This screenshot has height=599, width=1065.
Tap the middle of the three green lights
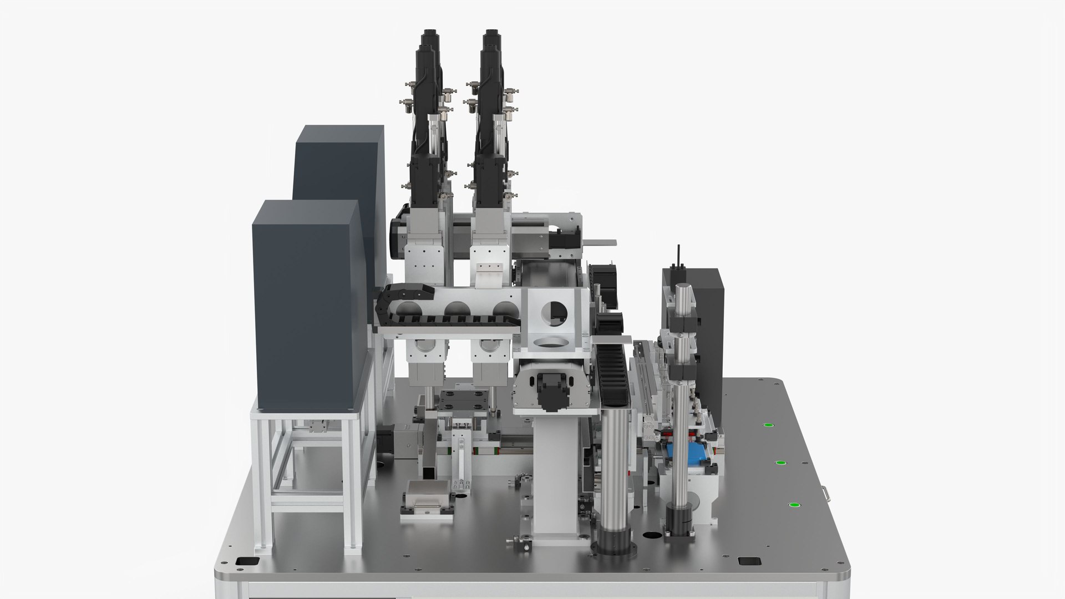[780, 463]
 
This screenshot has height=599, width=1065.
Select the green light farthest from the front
[768, 425]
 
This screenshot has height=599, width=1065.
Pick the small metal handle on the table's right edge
[826, 491]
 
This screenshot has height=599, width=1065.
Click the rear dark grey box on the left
[339, 166]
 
